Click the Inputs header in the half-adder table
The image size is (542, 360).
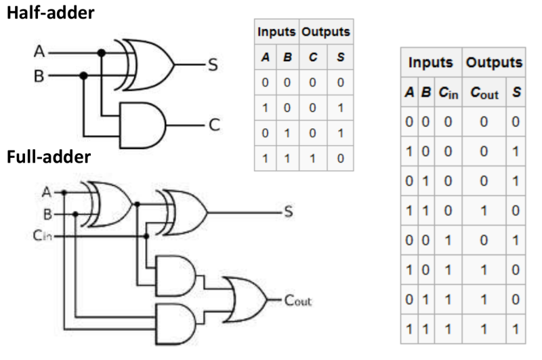point(275,32)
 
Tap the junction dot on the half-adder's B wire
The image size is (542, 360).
point(83,76)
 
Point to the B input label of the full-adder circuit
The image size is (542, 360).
point(48,216)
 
